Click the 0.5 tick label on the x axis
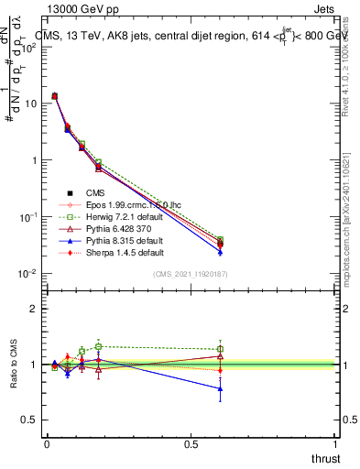click(x=190, y=443)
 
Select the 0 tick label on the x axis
click(x=47, y=443)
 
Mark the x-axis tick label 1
click(x=335, y=443)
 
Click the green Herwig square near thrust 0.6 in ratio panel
click(x=220, y=349)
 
